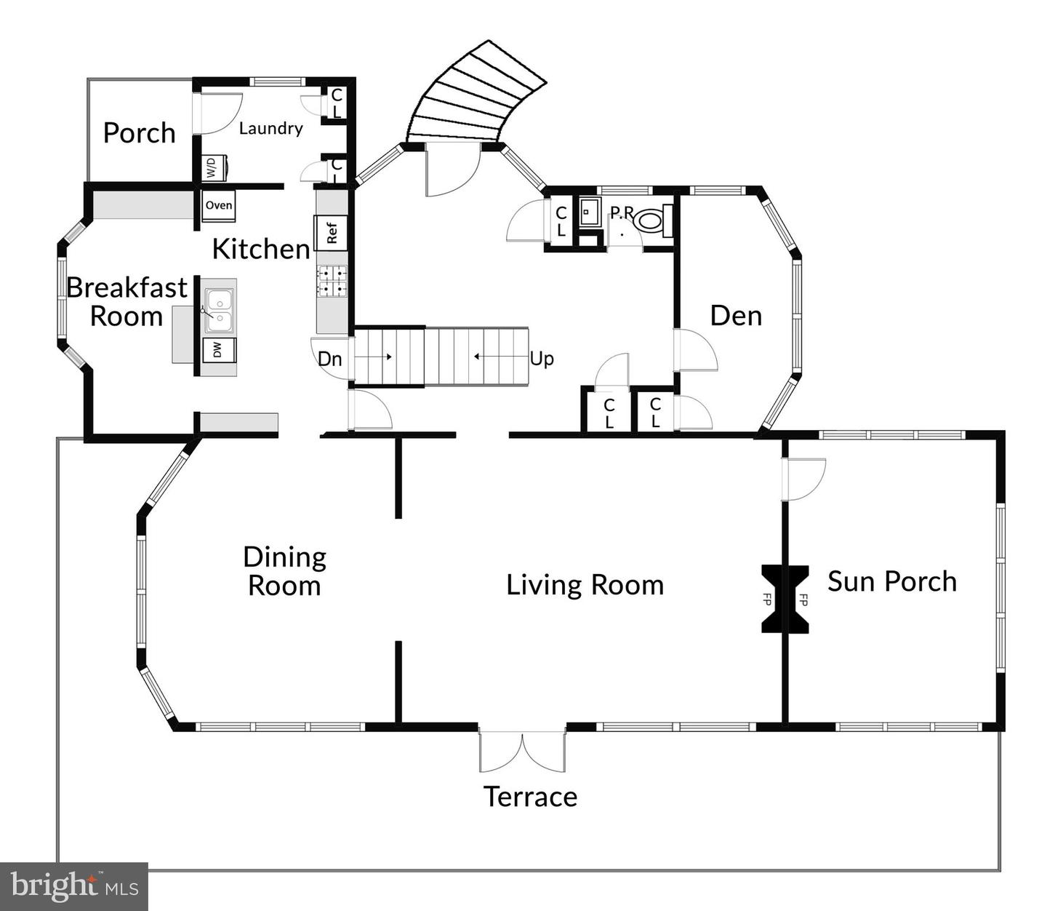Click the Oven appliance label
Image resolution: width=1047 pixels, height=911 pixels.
click(x=219, y=205)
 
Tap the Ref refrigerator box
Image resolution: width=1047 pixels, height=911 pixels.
click(x=331, y=233)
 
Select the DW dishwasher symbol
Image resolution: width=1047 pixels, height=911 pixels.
click(x=219, y=351)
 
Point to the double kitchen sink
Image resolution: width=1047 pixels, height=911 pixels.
click(x=220, y=310)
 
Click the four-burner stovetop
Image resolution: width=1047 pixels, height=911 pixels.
click(x=332, y=282)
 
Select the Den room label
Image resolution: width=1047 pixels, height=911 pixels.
click(x=736, y=316)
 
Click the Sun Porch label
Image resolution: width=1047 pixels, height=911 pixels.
click(x=892, y=581)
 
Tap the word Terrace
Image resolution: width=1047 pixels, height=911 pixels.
click(x=531, y=797)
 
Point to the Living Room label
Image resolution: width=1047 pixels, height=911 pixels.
click(x=585, y=585)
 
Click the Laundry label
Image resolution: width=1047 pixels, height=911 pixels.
click(x=270, y=128)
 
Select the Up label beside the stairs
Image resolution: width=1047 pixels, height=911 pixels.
click(x=542, y=359)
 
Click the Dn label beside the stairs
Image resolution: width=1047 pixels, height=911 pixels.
click(x=329, y=359)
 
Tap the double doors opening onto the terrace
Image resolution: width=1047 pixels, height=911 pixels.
click(x=523, y=749)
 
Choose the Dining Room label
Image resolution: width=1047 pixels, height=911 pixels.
click(x=284, y=571)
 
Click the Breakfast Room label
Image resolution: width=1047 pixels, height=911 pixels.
click(x=127, y=302)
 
